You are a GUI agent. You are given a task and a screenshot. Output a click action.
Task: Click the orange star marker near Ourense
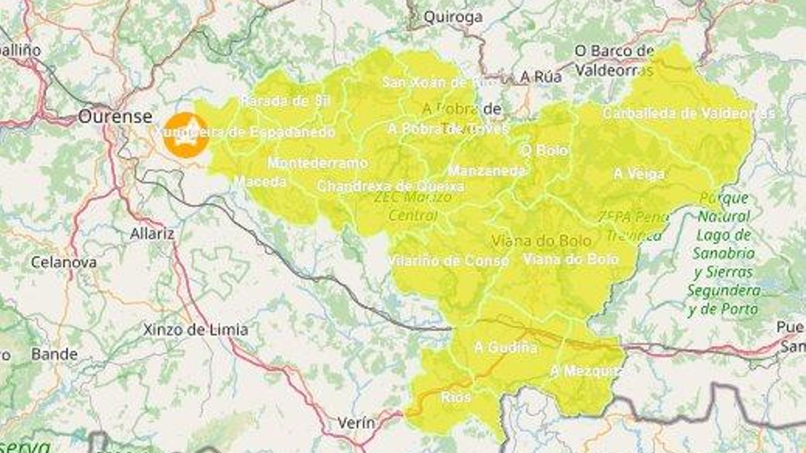(x=186, y=135)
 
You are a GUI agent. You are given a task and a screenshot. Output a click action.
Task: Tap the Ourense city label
(x=115, y=117)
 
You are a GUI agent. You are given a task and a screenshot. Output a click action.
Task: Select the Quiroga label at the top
(x=453, y=17)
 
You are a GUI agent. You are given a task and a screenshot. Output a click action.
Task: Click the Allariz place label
(x=152, y=234)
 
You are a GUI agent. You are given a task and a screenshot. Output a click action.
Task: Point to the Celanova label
(x=63, y=262)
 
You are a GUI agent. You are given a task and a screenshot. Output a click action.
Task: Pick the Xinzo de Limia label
(x=195, y=330)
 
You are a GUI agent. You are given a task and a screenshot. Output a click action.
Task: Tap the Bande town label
(x=54, y=354)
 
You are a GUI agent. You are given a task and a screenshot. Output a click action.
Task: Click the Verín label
(x=356, y=423)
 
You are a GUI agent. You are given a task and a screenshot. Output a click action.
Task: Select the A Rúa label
(x=541, y=77)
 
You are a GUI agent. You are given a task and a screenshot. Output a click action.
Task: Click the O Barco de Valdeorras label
(x=614, y=60)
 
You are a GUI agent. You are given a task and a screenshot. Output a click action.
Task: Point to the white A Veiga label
(x=639, y=174)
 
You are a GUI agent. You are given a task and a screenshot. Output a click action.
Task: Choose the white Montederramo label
(x=317, y=163)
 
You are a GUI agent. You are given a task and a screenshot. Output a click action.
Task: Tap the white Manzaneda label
(x=487, y=171)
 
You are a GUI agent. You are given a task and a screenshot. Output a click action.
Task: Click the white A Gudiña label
(x=505, y=347)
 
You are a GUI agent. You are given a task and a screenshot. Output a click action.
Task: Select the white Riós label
(x=456, y=397)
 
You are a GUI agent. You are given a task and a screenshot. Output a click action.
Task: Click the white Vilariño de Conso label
(x=448, y=261)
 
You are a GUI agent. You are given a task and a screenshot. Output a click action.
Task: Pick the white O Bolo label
(x=545, y=150)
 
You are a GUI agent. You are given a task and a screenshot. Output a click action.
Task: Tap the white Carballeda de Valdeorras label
(x=688, y=113)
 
